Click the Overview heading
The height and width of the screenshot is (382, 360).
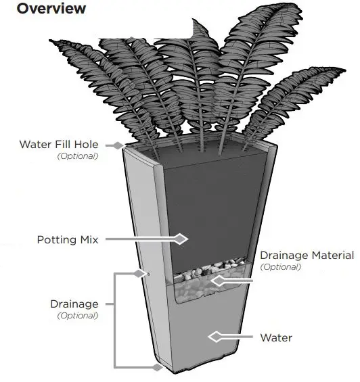click(x=51, y=9)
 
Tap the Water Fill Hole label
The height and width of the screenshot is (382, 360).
click(x=59, y=144)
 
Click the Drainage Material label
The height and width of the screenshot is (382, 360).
click(x=307, y=255)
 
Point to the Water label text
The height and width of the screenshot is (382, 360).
click(x=277, y=337)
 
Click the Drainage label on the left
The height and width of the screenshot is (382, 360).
click(x=74, y=304)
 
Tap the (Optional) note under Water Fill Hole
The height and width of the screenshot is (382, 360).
click(x=78, y=156)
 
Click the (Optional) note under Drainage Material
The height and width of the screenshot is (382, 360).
click(x=281, y=267)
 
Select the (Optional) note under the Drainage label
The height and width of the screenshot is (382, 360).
click(x=77, y=316)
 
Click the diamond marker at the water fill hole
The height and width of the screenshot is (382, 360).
click(x=118, y=145)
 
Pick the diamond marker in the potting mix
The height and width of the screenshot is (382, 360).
click(x=180, y=239)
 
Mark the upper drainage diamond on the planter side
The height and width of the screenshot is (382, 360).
click(x=141, y=273)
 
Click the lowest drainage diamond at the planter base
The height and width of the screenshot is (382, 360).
click(x=158, y=367)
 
